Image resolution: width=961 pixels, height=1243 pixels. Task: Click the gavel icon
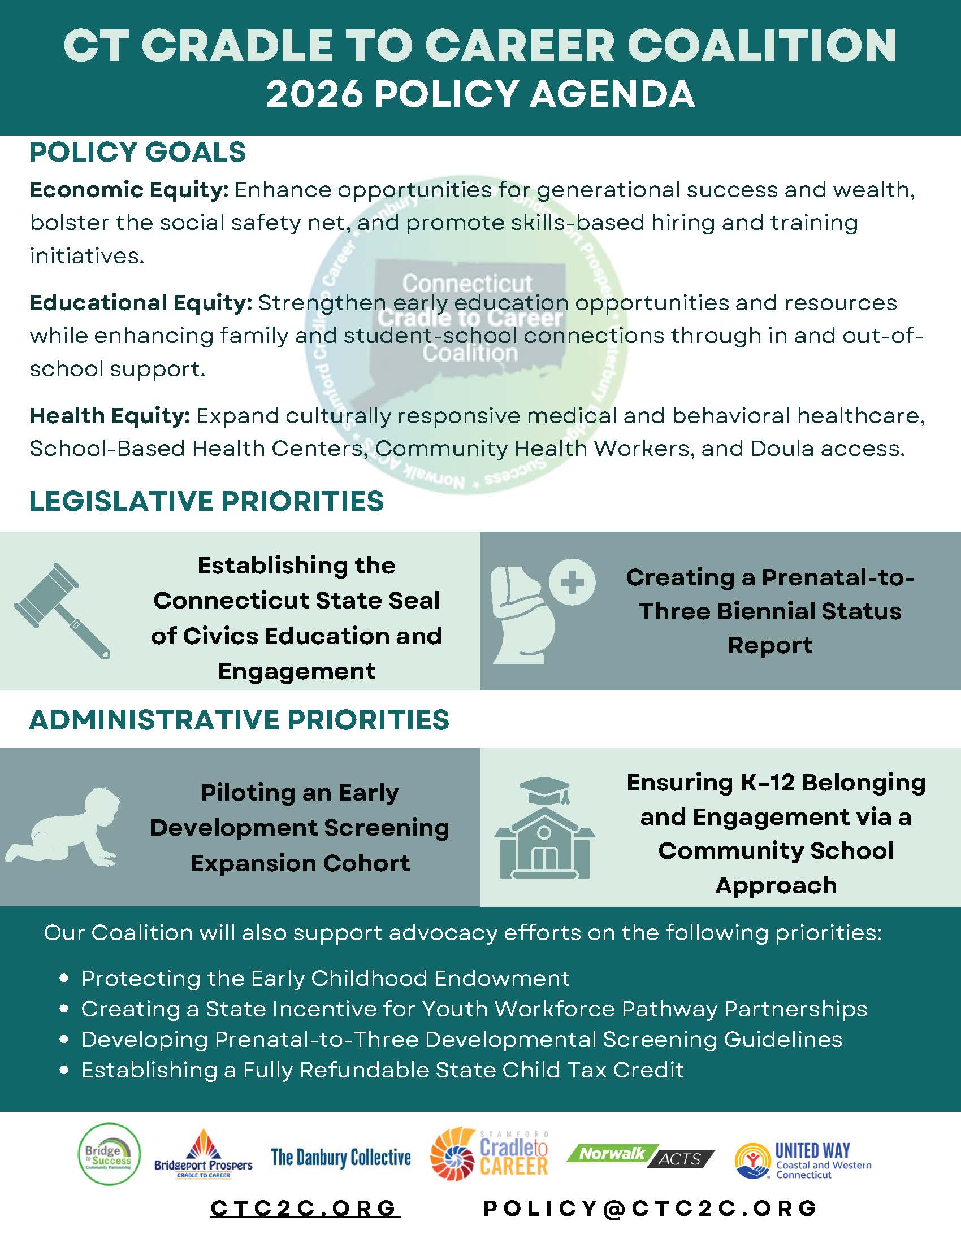(62, 611)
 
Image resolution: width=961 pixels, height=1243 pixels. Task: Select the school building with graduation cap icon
(544, 829)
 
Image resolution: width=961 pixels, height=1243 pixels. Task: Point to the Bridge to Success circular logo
(109, 1154)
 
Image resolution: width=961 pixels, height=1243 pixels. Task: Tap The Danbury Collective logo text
(340, 1157)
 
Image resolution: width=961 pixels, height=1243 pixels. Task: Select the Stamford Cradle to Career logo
(490, 1154)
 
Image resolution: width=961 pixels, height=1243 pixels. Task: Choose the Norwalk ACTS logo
(641, 1155)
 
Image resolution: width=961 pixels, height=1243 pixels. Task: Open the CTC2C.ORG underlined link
(305, 1209)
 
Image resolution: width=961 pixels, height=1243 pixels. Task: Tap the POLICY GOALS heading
(138, 153)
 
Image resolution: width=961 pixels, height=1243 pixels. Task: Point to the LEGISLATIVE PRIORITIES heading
(207, 501)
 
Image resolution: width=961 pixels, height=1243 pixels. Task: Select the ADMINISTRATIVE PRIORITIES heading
(239, 720)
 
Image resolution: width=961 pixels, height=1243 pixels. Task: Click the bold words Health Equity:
(110, 416)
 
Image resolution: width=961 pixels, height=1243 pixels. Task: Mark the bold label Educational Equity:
(141, 303)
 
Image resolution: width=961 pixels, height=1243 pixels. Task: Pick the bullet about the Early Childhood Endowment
(325, 979)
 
